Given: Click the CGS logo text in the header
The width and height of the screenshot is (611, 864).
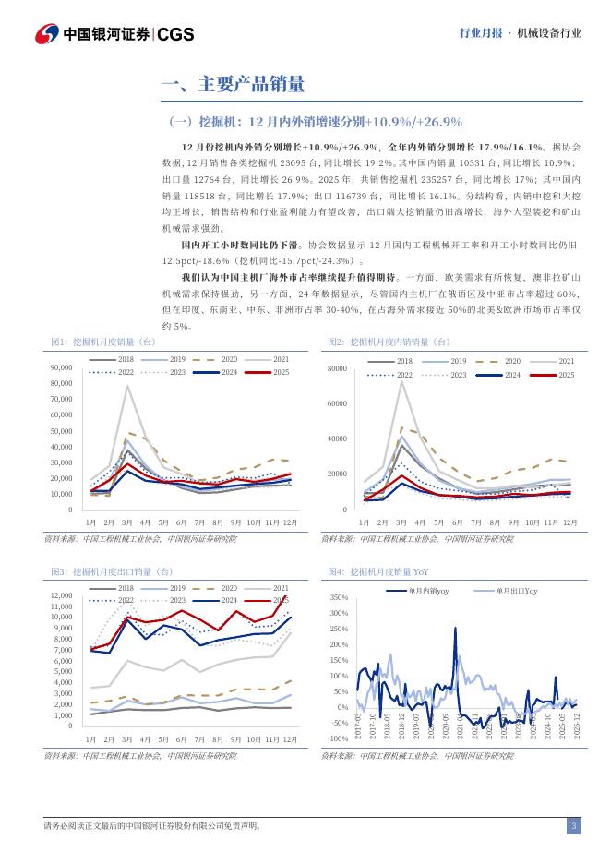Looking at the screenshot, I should (174, 33).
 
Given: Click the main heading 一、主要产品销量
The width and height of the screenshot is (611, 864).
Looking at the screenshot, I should (233, 86).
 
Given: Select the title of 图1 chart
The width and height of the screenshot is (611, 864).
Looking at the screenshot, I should (103, 342).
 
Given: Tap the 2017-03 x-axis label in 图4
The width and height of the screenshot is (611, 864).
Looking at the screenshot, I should (358, 723).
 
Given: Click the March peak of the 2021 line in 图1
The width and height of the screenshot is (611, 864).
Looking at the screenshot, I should (127, 385).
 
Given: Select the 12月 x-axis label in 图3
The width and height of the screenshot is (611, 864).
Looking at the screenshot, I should (290, 740).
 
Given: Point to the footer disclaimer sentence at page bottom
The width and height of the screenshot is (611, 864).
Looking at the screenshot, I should (152, 826).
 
